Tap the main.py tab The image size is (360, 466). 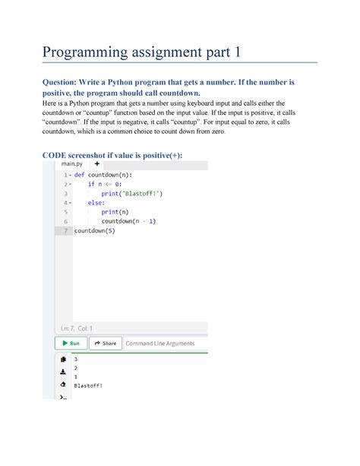coord(72,163)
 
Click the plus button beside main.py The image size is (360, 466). coord(96,163)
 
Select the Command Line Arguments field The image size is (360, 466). coord(159,343)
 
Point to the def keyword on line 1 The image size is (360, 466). coord(80,174)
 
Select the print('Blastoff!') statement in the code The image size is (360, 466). coord(132,193)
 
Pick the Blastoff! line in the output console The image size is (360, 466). coord(88,386)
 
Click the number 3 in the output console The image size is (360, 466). coord(76,358)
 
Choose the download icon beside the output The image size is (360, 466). coord(62,372)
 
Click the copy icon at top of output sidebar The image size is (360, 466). coord(62,359)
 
